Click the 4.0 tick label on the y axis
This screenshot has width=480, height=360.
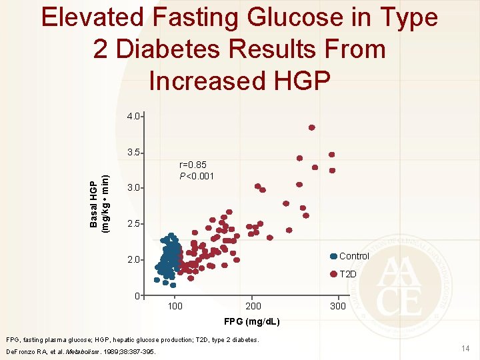click(x=133, y=116)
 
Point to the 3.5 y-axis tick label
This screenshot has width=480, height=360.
click(x=133, y=153)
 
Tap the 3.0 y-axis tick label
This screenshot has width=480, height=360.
click(x=133, y=188)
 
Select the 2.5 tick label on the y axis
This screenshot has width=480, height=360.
click(x=133, y=223)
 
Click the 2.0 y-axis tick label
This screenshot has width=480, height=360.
click(x=133, y=259)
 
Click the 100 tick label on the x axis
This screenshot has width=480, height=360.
click(x=174, y=306)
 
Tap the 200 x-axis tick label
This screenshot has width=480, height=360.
click(x=253, y=306)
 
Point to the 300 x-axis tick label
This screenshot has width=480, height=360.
click(x=338, y=306)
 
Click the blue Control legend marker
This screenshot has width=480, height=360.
click(x=333, y=257)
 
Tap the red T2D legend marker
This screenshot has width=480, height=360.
click(x=333, y=274)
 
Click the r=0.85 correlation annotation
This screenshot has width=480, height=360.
click(x=193, y=164)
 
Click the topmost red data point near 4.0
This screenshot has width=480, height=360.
click(x=311, y=127)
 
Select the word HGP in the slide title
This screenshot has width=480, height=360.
click(x=299, y=81)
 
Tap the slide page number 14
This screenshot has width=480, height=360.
click(x=465, y=347)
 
